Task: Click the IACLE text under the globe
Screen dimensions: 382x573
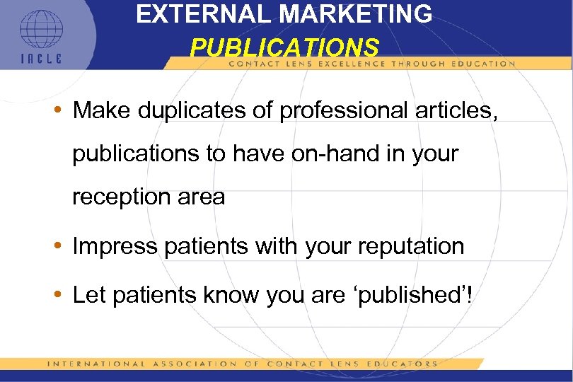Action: (x=41, y=59)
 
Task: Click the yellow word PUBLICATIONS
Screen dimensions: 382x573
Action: (x=284, y=47)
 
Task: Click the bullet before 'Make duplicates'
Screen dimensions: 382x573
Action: (x=62, y=111)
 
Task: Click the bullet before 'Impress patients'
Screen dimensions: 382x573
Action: (x=62, y=247)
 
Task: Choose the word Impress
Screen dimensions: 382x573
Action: (x=113, y=246)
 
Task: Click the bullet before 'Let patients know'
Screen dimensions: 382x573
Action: (x=62, y=295)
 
